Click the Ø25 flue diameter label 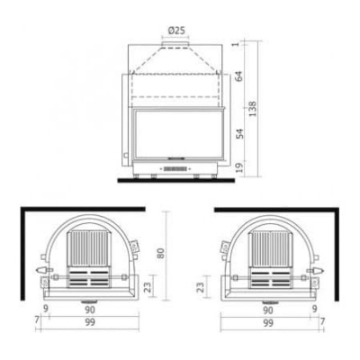point(176,31)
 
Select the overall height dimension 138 point(252,109)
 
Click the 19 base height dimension point(239,167)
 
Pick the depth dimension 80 point(161,254)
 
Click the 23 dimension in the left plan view point(148,286)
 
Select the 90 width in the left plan point(90,310)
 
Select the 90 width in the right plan point(269,310)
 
